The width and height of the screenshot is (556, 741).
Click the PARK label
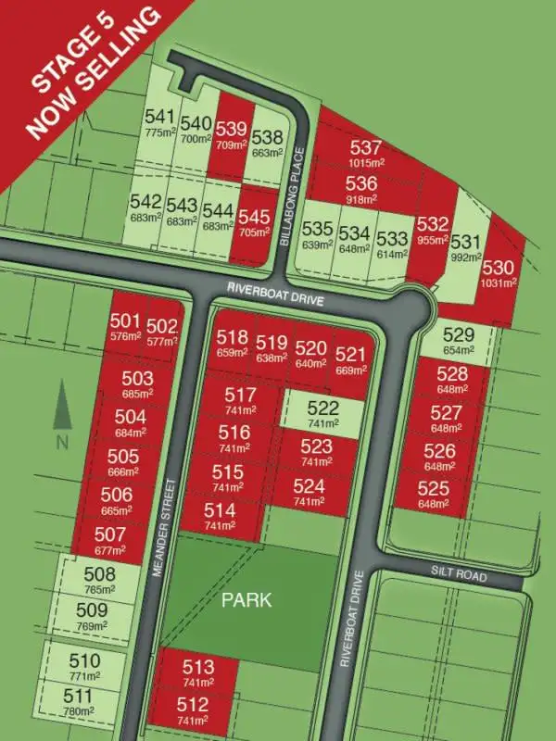[x=246, y=599]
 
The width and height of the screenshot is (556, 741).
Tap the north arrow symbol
[x=62, y=408]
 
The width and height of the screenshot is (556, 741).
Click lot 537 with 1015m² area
[x=366, y=153]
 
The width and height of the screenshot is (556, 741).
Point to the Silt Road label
[x=459, y=575]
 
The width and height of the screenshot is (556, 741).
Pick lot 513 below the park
[x=197, y=672]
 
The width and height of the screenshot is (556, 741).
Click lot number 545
[x=254, y=220]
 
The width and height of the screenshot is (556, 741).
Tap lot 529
[x=458, y=340]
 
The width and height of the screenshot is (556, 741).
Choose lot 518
[x=232, y=345]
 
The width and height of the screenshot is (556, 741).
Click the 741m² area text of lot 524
[x=310, y=500]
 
